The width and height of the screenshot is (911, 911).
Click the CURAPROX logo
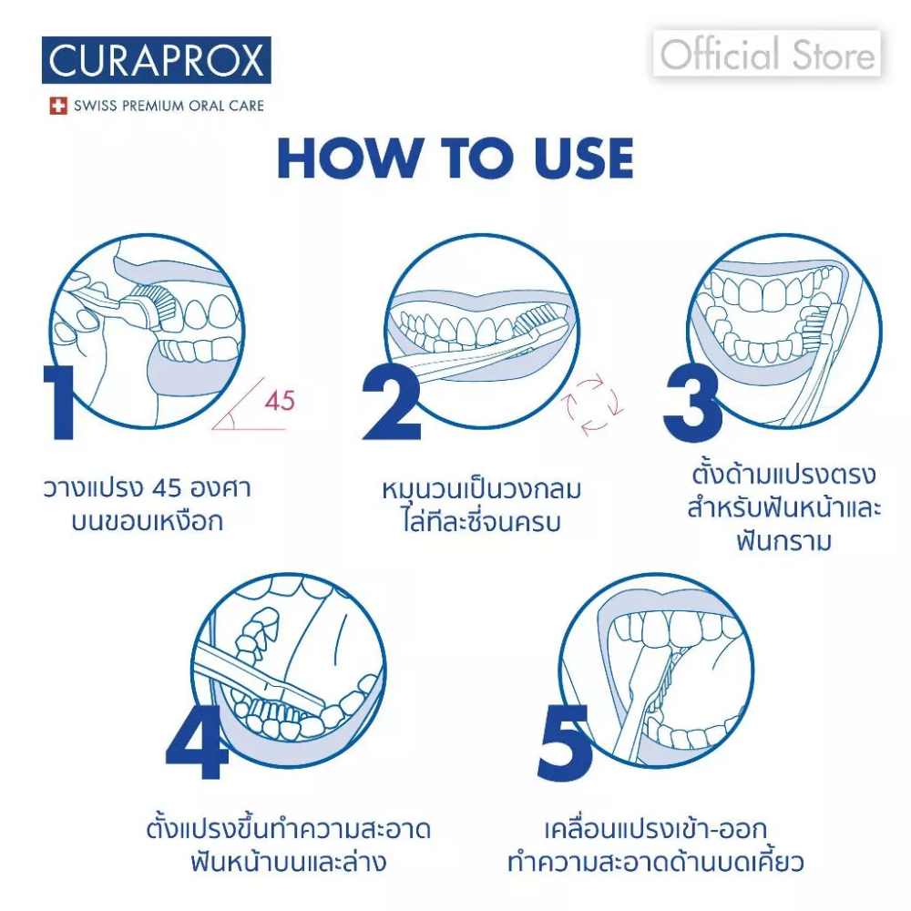coord(157,60)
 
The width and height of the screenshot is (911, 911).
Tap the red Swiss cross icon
coord(58,106)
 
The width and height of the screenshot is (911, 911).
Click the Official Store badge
coord(767,54)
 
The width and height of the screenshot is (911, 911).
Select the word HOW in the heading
coord(350,158)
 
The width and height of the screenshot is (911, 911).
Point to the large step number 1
coord(59,403)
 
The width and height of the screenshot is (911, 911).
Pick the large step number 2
coord(392,403)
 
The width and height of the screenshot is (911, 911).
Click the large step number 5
coord(565,742)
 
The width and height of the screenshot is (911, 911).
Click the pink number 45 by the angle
coord(280,401)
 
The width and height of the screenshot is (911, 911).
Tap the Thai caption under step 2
coord(482,505)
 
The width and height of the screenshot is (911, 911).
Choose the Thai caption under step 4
coord(289,844)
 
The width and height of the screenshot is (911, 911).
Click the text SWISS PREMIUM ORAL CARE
coord(169,106)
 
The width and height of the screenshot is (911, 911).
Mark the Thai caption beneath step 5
coord(655,844)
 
